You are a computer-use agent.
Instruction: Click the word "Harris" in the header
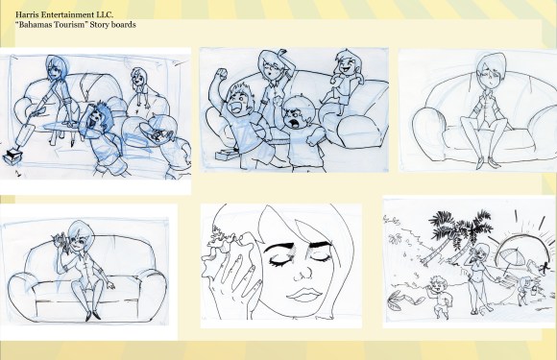(27, 15)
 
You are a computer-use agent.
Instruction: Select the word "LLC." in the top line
(105, 15)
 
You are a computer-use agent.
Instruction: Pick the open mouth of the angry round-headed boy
(295, 124)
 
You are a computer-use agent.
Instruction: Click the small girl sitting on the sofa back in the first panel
(140, 87)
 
